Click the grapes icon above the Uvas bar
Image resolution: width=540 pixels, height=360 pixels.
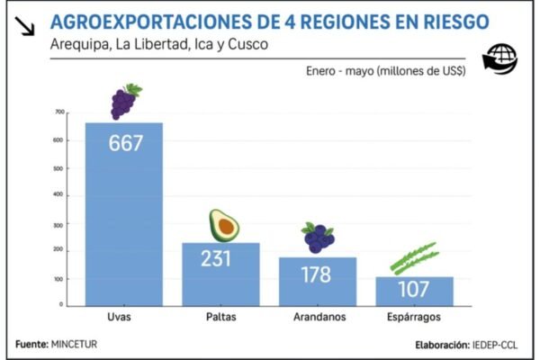click(124, 101)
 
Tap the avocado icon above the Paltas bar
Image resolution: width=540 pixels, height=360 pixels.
click(223, 225)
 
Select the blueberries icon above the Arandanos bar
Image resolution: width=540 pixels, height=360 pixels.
click(317, 238)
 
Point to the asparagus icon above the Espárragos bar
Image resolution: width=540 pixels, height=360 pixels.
click(413, 257)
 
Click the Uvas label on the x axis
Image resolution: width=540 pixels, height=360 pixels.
click(124, 318)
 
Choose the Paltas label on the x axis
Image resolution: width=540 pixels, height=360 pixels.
click(221, 318)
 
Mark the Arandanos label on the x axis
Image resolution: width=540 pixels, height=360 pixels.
click(317, 318)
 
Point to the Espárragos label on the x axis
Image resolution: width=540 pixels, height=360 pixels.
click(414, 318)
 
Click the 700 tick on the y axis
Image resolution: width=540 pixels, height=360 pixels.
click(59, 112)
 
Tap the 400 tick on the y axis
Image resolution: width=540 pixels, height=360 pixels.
click(59, 195)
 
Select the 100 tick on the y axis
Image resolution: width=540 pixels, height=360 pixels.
click(59, 278)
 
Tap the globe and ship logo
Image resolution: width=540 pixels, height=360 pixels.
click(500, 58)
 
